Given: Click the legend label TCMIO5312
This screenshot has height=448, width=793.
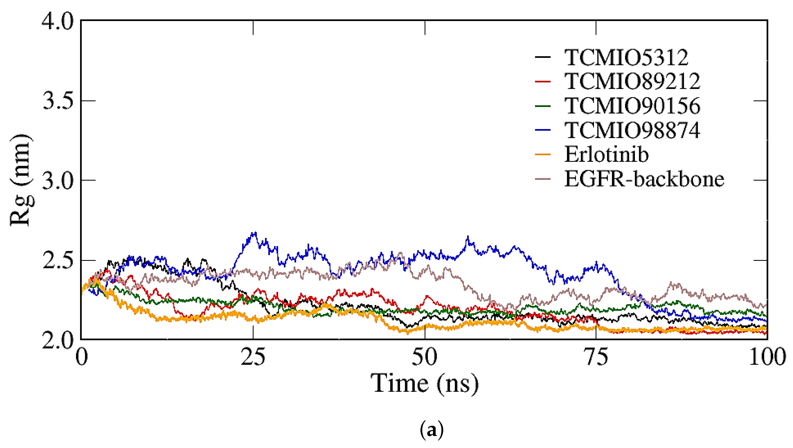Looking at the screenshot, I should (626, 58).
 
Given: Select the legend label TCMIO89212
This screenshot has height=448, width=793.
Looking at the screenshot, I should (632, 82).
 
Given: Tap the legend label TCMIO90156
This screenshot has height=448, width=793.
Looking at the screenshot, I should (632, 106).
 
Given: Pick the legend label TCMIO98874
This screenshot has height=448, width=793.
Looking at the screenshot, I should (632, 130).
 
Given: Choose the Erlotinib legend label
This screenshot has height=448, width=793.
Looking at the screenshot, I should (606, 154).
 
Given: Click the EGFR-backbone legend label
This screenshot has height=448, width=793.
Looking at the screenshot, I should (644, 179).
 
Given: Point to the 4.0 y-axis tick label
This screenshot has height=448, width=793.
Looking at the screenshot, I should (58, 21).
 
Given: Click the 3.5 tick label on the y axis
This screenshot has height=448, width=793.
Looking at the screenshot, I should (58, 101).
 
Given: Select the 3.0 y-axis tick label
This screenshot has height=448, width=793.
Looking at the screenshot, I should (58, 180).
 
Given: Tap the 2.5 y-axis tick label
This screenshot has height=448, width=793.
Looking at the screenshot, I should (58, 261).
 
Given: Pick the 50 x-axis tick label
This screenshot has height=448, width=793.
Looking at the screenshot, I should (425, 357).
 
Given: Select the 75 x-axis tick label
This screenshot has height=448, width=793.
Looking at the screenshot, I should (596, 357).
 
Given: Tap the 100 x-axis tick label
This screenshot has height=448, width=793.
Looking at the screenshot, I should (767, 357).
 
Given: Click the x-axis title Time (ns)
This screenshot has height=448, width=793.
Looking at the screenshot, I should (425, 383).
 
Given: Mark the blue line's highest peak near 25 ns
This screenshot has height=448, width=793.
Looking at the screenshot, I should (254, 233).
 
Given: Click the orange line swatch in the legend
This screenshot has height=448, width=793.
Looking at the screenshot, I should (543, 154).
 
